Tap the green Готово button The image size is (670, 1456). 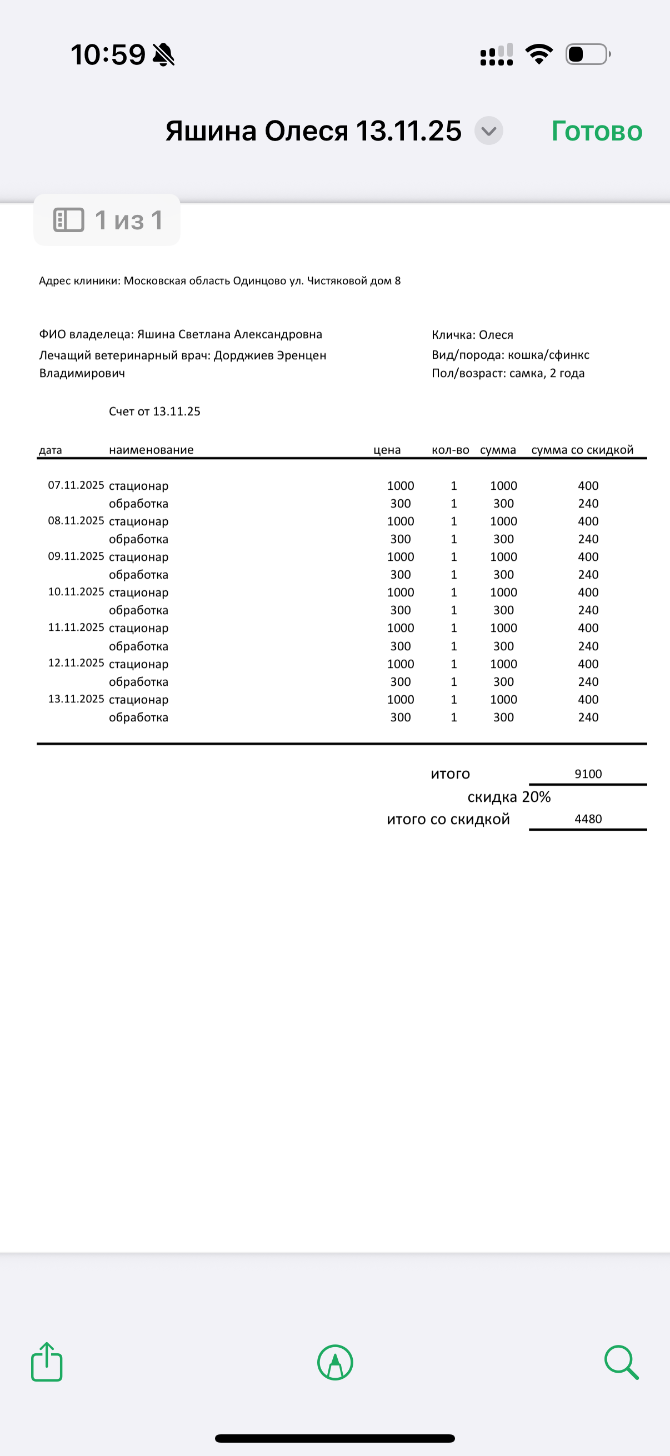pos(597,131)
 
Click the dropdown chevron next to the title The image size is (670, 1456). pos(488,131)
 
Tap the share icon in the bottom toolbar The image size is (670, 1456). pos(47,1362)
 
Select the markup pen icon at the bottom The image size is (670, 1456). pos(336,1362)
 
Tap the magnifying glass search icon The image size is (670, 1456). pos(621,1362)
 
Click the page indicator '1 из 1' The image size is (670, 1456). pos(107,220)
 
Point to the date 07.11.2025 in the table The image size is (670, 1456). pos(76,485)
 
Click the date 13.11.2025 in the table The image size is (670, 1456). pos(76,699)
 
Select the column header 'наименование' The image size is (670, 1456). pos(151,450)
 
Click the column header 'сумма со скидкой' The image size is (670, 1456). pos(582,450)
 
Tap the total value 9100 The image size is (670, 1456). pos(588,774)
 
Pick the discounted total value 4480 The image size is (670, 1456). pos(588,819)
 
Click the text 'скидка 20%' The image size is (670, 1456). pos(509,797)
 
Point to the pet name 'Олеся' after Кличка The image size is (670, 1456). pos(496,335)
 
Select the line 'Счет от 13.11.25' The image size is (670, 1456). pos(154,411)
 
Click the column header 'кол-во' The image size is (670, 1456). pos(450,450)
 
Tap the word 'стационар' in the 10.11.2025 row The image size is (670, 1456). pos(138,593)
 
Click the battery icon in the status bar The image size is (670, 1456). pos(587,54)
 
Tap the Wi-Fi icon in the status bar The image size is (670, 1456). pos(539,54)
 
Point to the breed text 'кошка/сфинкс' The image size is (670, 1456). pos(548,355)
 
